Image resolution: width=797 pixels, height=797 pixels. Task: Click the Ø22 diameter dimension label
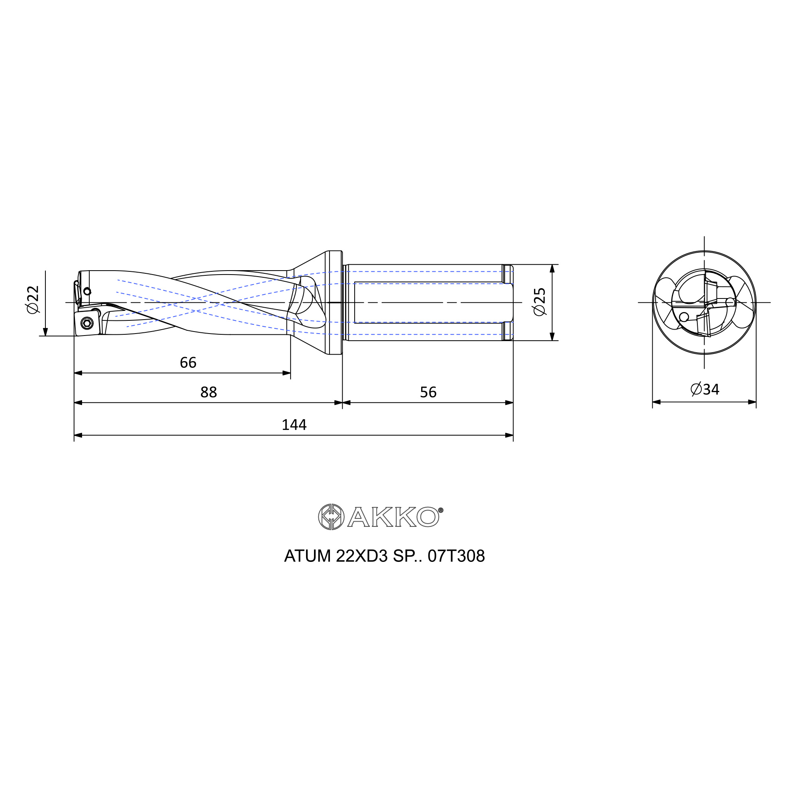[x=33, y=299]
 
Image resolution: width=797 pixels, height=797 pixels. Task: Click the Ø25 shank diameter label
[x=540, y=302]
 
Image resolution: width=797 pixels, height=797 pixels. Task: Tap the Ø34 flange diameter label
[x=705, y=389]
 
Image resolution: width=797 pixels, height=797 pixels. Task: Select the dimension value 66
[x=188, y=363]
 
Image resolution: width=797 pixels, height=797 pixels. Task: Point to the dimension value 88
[x=209, y=392]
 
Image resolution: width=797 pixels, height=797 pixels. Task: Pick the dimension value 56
[x=428, y=392]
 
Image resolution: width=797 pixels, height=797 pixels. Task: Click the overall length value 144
[x=294, y=424]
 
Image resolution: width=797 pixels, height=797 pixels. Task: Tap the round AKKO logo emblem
[x=331, y=516]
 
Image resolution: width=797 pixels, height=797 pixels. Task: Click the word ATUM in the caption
[x=307, y=556]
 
